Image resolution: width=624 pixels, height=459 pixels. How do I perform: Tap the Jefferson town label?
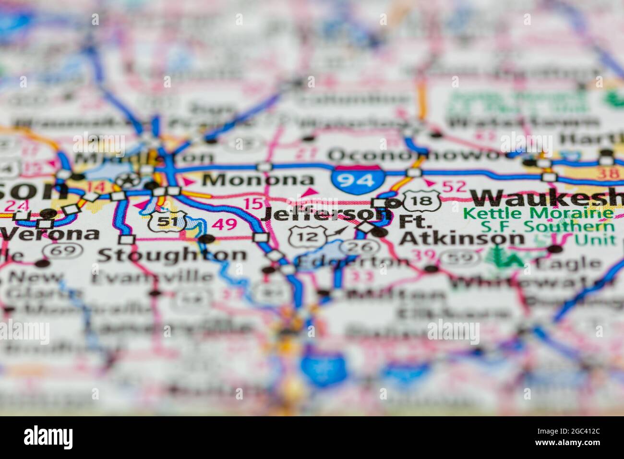click(325, 214)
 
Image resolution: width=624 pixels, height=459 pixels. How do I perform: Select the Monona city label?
click(257, 180)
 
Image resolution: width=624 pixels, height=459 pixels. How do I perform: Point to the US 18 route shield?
click(421, 200)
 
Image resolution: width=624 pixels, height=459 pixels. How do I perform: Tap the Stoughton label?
click(172, 254)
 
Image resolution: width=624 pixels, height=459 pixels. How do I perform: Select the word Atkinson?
click(462, 238)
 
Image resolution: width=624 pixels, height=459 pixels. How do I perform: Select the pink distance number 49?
click(225, 224)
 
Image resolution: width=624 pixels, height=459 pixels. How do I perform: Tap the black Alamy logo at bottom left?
click(48, 437)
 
